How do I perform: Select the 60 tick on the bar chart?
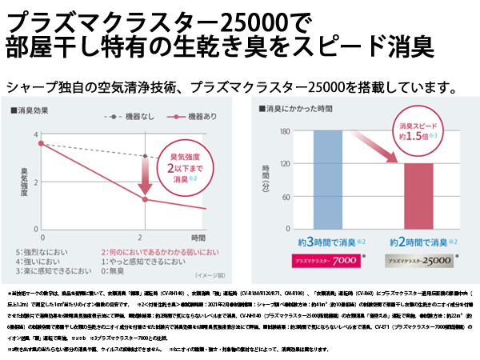284,196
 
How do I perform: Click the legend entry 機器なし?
126,117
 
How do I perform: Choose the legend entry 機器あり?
183,117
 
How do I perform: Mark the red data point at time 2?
144,199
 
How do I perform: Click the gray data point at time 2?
144,156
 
